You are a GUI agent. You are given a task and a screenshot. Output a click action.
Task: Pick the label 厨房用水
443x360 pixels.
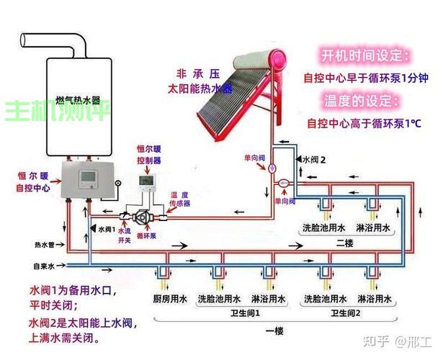(170, 298)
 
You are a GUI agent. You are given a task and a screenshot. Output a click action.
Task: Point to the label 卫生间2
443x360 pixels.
(345, 314)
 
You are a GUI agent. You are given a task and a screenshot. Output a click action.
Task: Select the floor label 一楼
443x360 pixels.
(274, 330)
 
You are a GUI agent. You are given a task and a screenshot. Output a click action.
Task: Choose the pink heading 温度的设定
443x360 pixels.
(364, 100)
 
